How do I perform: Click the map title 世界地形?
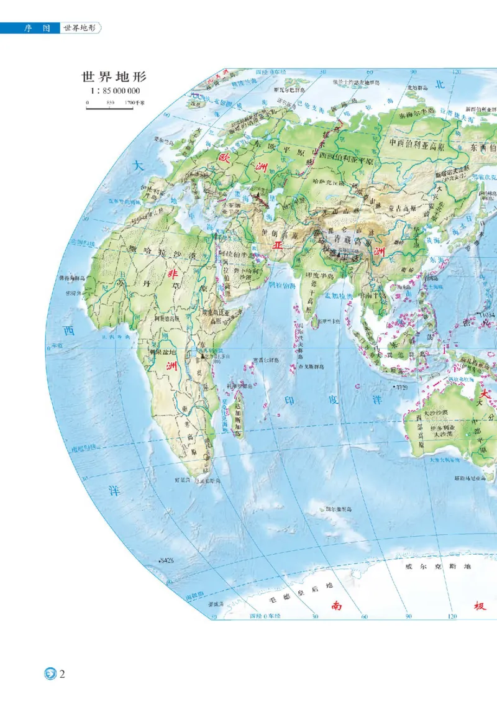coord(114,78)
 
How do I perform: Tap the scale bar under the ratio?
coord(109,107)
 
